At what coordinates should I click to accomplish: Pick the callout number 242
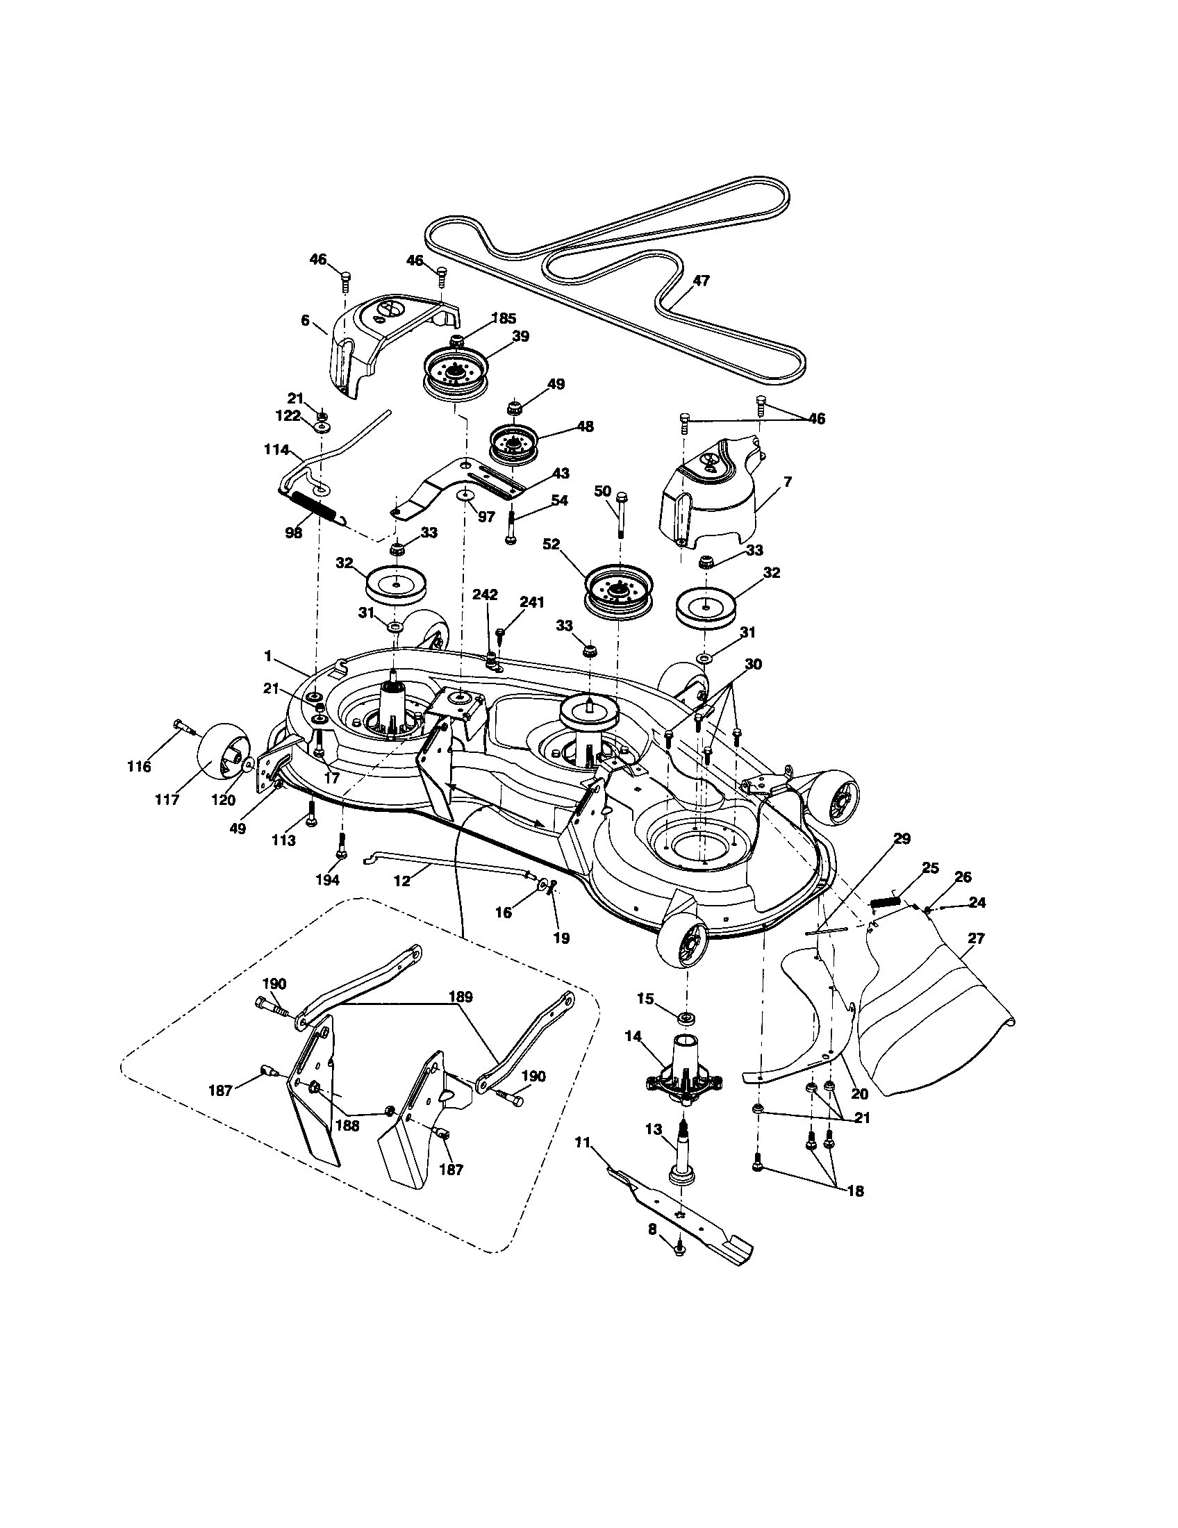[485, 595]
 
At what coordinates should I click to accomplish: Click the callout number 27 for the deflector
[975, 938]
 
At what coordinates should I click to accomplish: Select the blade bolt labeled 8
[679, 1268]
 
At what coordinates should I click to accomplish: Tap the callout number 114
[277, 450]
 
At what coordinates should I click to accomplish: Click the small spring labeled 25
[885, 902]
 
